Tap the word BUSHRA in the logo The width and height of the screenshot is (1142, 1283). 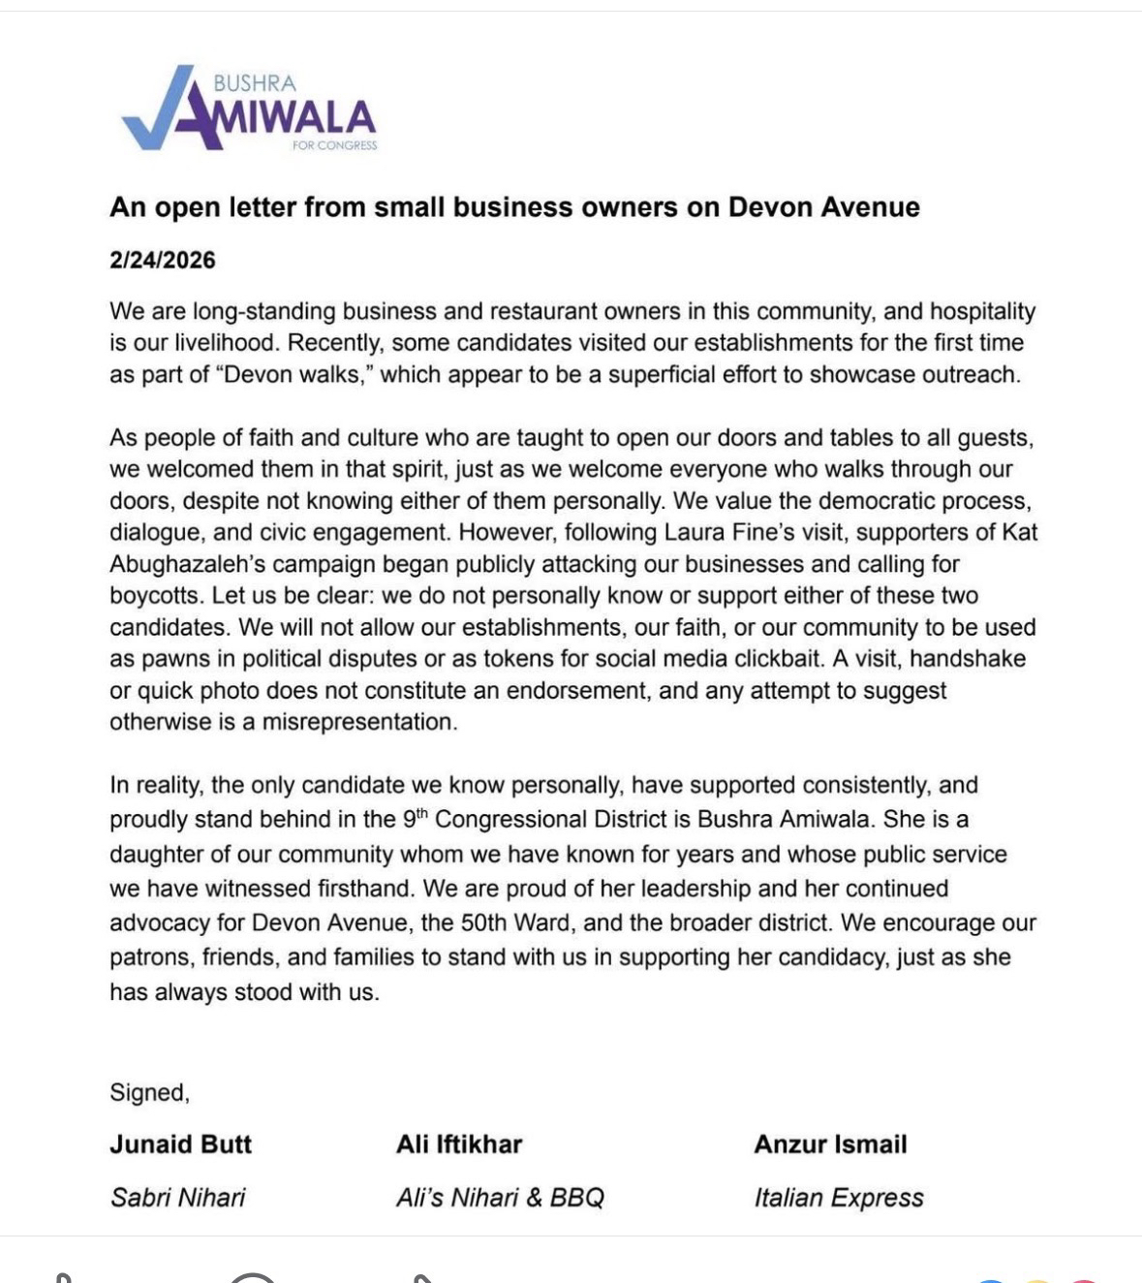point(255,84)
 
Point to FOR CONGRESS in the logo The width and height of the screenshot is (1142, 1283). point(334,146)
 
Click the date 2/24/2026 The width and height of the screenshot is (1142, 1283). point(163,260)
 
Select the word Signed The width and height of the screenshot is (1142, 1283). point(148,1092)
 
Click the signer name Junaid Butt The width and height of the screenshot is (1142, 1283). point(180,1143)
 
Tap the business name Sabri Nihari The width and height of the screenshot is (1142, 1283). point(177,1197)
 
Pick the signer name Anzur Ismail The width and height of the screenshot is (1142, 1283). point(830,1143)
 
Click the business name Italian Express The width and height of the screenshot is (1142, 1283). point(839,1197)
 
